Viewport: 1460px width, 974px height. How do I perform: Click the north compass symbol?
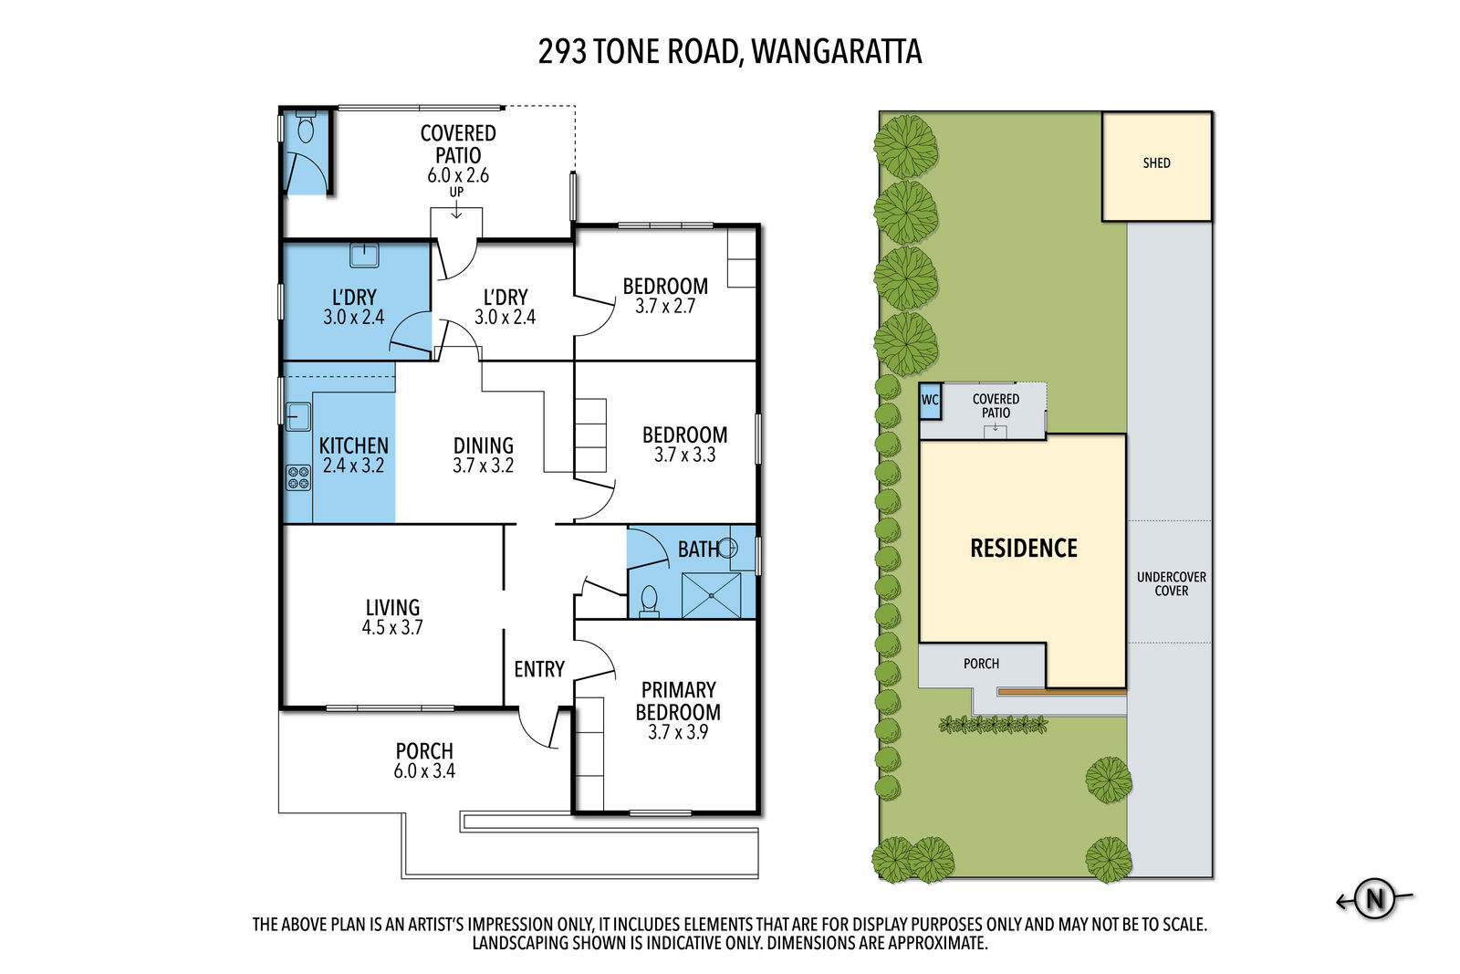1374,899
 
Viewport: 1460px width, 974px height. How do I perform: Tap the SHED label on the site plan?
1156,163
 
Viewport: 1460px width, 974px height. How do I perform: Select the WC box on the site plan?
930,401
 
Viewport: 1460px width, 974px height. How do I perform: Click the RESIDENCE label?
1023,549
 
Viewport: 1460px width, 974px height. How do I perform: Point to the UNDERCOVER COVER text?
1171,584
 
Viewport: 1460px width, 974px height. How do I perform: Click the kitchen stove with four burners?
298,477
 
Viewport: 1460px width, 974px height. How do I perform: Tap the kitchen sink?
297,416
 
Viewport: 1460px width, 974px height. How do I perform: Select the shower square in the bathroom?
711,595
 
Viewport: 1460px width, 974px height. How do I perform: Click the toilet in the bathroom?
649,601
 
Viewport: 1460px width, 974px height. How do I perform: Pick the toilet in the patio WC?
306,130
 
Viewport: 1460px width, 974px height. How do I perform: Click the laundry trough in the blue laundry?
364,254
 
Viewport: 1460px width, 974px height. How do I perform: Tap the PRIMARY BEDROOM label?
678,701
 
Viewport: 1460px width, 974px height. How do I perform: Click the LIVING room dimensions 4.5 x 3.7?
392,628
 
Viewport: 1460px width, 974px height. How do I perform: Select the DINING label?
484,445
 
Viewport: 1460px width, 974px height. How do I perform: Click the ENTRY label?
539,669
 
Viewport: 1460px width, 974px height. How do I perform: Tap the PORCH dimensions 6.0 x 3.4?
424,771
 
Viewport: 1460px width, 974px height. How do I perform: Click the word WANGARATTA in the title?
836,52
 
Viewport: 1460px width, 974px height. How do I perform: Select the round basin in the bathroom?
728,548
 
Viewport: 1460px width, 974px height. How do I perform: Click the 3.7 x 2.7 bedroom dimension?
665,307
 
